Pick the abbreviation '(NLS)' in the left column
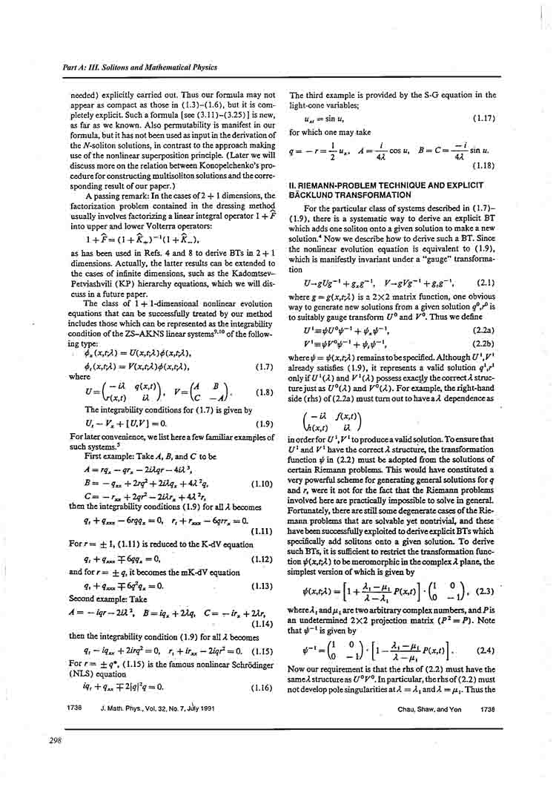pyautogui.click(x=80, y=675)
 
